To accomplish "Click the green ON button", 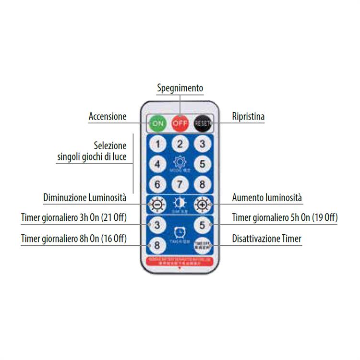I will (x=157, y=123).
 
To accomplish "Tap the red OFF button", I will (x=180, y=123).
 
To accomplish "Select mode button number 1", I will (x=158, y=144).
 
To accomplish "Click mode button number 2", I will (x=180, y=144).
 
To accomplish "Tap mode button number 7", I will (x=180, y=184).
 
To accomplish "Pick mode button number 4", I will (x=158, y=164).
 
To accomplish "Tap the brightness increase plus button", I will (x=202, y=205).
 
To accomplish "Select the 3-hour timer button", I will (x=157, y=225).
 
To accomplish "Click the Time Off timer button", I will (x=202, y=245).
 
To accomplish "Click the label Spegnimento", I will (x=180, y=88).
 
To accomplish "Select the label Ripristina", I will (x=248, y=117).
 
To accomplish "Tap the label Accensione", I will (x=108, y=117).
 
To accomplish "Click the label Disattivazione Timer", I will (x=267, y=239).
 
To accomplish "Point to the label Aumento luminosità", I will (x=267, y=198).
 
